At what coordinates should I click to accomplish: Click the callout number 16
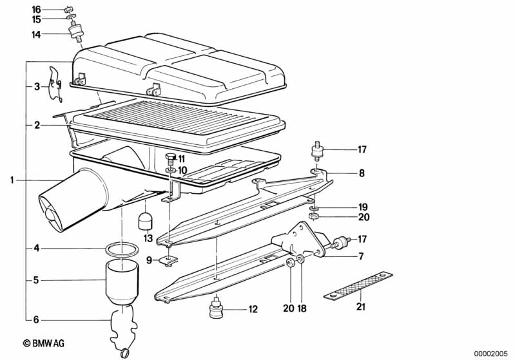pos(36,10)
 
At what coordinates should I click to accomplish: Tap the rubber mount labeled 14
pos(76,32)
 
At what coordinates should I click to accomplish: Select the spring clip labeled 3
pos(55,84)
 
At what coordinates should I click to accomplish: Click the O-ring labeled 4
pos(122,249)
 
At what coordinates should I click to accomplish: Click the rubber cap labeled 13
pos(145,221)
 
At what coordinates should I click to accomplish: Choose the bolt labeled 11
pos(170,159)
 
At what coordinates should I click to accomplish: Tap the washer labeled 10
pos(170,171)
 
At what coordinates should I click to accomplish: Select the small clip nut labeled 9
pos(168,260)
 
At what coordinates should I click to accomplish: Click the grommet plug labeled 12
pos(216,308)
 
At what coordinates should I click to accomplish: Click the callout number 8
pos(362,173)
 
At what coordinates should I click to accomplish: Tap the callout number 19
pos(363,207)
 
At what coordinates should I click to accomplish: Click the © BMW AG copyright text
pos(44,343)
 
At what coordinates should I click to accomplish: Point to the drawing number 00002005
pos(491,354)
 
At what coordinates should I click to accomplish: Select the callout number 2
pos(37,125)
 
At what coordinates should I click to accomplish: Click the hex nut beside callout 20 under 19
pos(313,216)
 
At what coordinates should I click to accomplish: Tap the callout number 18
pos(302,308)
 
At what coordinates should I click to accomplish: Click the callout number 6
pos(36,319)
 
